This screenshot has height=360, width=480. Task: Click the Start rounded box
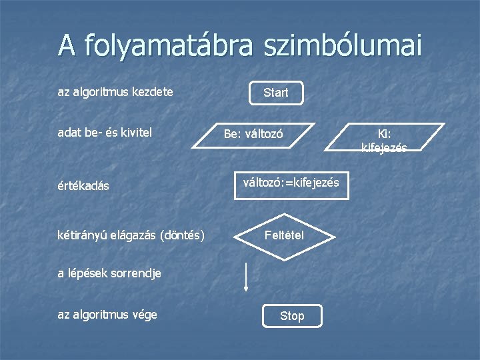point(276,93)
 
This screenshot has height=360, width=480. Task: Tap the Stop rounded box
point(292,316)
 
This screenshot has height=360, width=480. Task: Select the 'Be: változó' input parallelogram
point(253,134)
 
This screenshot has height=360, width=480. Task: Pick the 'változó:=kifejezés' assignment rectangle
point(291,183)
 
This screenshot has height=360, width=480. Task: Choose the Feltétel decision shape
point(284,235)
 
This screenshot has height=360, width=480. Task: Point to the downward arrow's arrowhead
point(246,289)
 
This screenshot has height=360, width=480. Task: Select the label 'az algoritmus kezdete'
point(115,92)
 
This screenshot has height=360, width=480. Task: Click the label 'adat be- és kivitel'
point(105,133)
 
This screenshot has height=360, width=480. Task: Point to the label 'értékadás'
point(83,186)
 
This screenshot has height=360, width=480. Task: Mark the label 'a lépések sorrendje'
point(109,273)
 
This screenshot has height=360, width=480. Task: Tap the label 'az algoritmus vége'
point(107,314)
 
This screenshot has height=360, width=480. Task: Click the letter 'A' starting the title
point(66,46)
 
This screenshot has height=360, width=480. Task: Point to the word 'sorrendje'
point(137,273)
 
